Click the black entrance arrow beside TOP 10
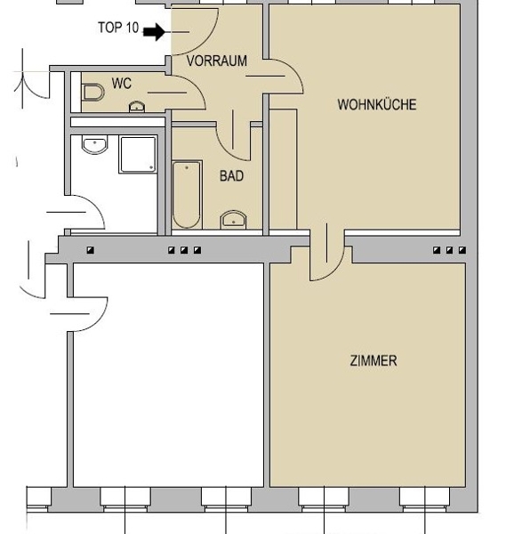click(x=155, y=32)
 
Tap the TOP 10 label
click(x=118, y=28)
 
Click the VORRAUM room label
click(x=217, y=61)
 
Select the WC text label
click(x=122, y=83)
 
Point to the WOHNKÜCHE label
click(x=377, y=104)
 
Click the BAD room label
click(x=232, y=176)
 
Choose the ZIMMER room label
click(x=373, y=360)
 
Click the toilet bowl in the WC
click(x=92, y=93)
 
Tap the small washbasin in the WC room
click(x=137, y=107)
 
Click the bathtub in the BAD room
click(x=187, y=194)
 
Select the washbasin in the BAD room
click(x=233, y=220)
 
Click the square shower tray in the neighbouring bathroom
click(x=138, y=155)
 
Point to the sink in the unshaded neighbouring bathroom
click(x=95, y=144)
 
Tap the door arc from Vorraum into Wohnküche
click(x=294, y=69)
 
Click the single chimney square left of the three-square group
click(x=91, y=250)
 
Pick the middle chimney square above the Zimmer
click(x=449, y=250)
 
